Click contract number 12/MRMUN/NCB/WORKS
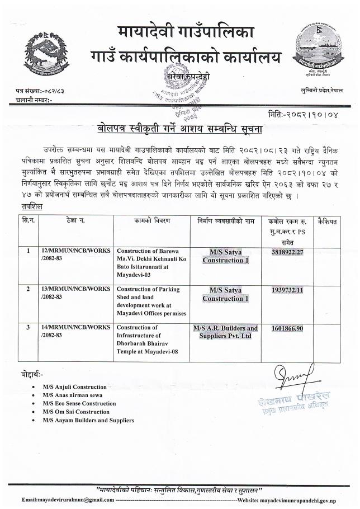(x=75, y=252)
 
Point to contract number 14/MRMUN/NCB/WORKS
(x=75, y=328)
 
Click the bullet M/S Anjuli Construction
(x=74, y=387)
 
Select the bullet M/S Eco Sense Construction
(x=79, y=403)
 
